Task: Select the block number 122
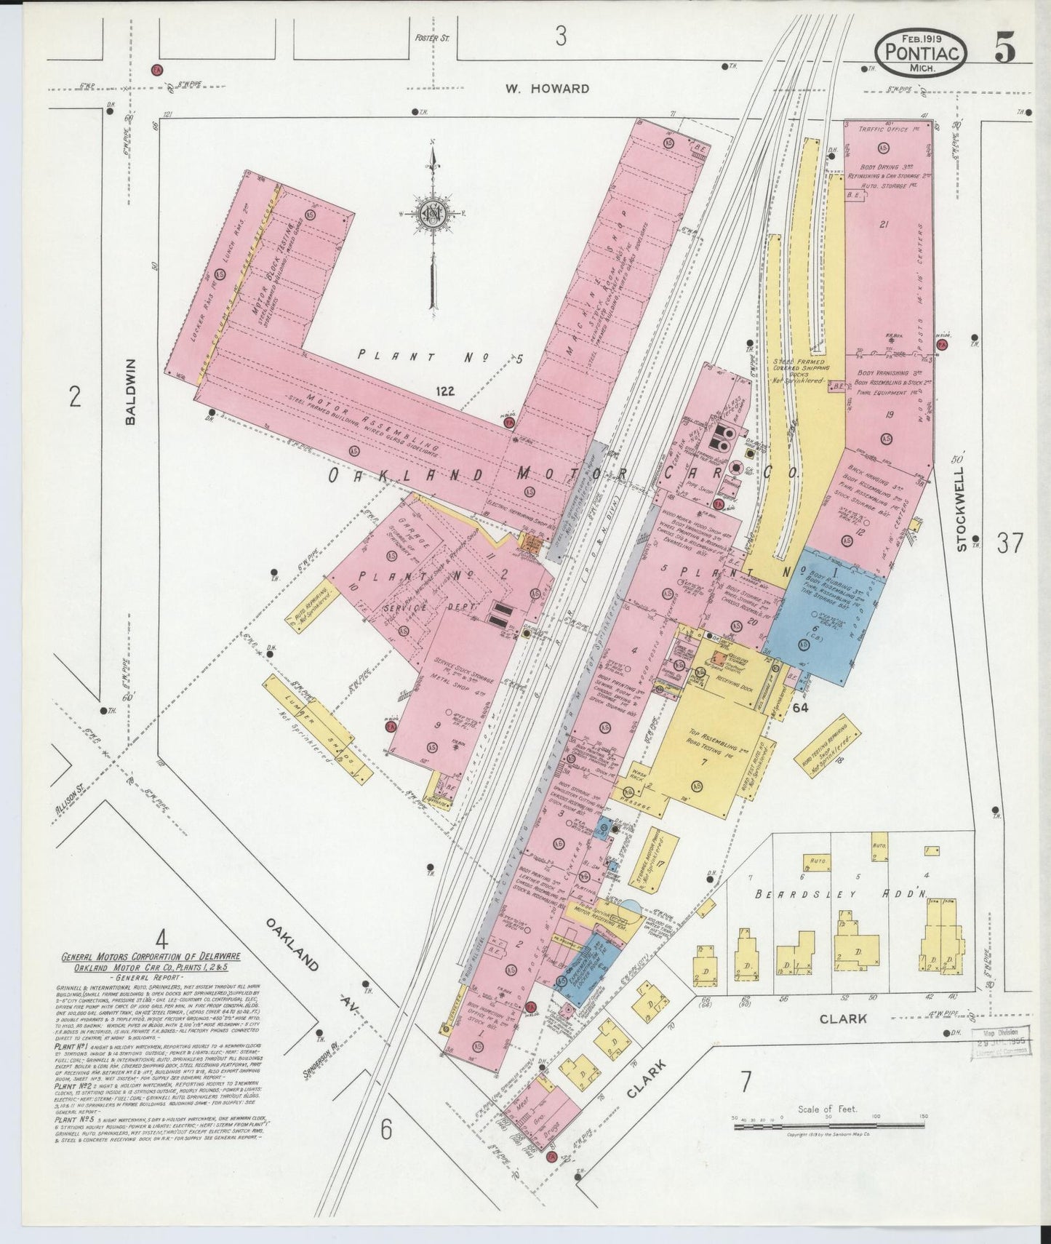pyautogui.click(x=445, y=391)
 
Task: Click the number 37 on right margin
pyautogui.click(x=1010, y=543)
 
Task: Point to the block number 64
pyautogui.click(x=780, y=706)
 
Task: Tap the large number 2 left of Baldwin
pyautogui.click(x=74, y=397)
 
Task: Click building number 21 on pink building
pyautogui.click(x=883, y=225)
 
